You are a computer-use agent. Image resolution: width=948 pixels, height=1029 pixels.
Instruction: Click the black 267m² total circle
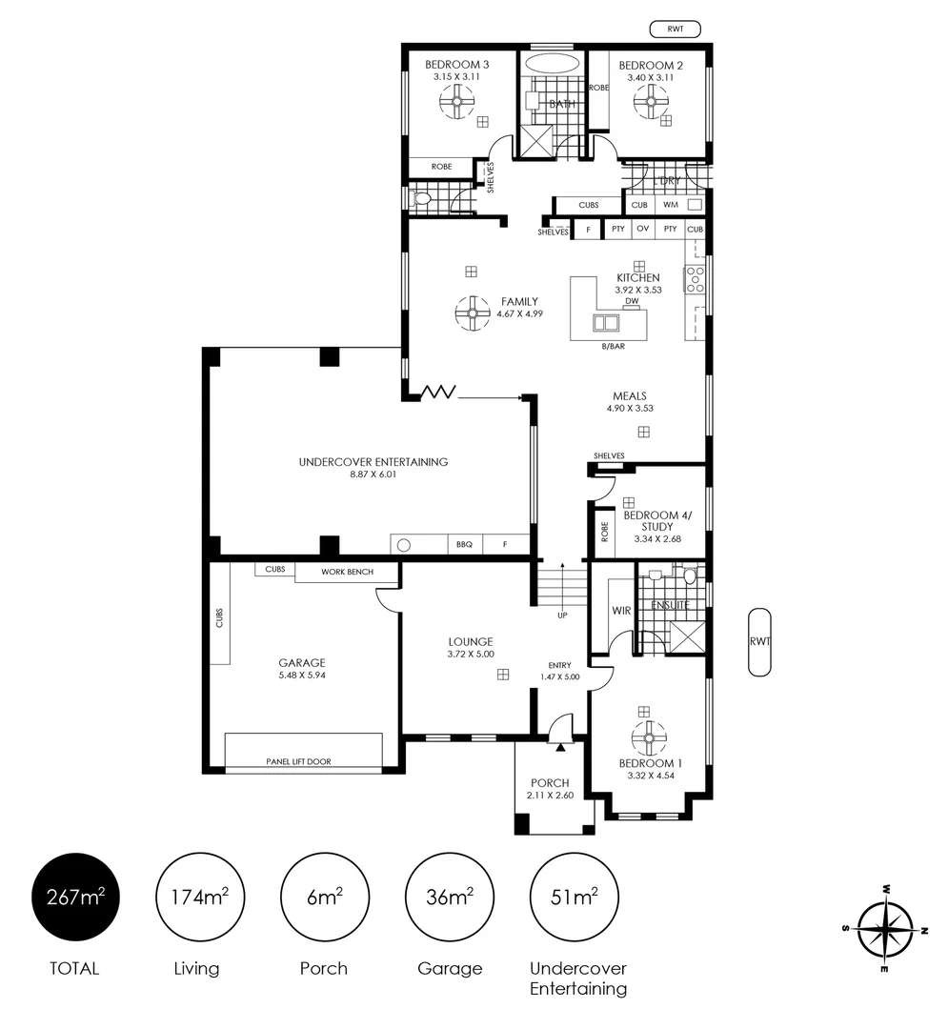click(x=75, y=898)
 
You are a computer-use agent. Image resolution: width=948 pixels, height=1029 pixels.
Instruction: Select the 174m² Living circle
click(x=200, y=898)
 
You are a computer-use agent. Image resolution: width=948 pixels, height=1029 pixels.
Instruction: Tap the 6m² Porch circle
click(x=325, y=898)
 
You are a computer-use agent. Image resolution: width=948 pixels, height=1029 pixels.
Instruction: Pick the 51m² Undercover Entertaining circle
click(x=575, y=898)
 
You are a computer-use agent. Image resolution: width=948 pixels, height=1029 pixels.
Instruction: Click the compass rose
click(x=886, y=929)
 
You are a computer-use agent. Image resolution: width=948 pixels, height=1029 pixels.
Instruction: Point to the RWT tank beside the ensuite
click(x=759, y=642)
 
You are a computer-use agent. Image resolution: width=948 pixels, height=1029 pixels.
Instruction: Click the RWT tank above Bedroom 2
click(x=676, y=29)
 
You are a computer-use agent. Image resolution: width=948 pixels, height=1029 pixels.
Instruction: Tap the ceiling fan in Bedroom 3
click(x=456, y=102)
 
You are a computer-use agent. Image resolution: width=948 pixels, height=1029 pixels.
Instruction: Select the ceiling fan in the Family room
click(x=473, y=313)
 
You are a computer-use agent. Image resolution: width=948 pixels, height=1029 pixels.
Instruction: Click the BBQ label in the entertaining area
click(x=465, y=545)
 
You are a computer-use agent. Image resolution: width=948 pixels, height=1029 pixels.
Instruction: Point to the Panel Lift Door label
click(x=298, y=762)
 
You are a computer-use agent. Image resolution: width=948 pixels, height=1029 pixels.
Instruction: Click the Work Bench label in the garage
click(x=347, y=573)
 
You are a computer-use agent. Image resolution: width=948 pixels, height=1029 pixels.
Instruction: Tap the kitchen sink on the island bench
click(x=606, y=323)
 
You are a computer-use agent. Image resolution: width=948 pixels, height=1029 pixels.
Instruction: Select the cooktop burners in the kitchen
click(x=695, y=279)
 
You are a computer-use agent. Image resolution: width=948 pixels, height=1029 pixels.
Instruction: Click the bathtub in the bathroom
click(x=553, y=65)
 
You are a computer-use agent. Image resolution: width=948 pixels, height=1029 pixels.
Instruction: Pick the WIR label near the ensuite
click(x=621, y=611)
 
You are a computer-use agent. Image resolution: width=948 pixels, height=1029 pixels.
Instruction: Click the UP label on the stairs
click(x=562, y=615)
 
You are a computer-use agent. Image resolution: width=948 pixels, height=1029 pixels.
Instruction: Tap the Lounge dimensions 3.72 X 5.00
click(x=471, y=655)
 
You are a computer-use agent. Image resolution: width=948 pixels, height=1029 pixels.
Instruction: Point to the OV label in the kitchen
click(x=643, y=229)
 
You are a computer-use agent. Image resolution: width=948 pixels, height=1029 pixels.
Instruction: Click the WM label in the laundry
click(x=671, y=205)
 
